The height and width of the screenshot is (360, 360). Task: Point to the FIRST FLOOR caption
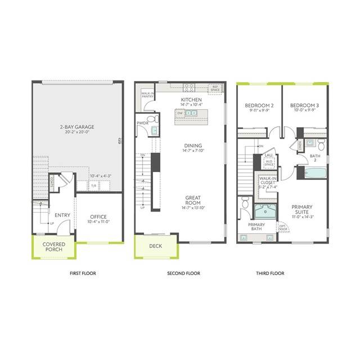(83, 273)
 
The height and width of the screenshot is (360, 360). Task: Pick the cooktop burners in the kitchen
(189, 87)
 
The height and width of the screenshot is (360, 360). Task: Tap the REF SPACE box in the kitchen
(215, 89)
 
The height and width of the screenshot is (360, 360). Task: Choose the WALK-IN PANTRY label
(148, 95)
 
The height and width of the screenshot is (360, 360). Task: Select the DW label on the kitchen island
(179, 113)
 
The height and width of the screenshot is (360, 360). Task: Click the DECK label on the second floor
(155, 246)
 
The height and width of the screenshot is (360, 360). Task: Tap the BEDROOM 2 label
(259, 107)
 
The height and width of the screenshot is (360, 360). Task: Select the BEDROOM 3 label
(304, 107)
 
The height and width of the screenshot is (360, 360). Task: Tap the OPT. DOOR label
(282, 228)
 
